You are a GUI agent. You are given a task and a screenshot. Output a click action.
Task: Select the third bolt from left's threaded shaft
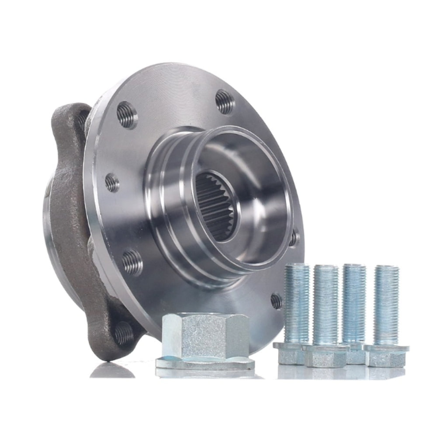point(354,302)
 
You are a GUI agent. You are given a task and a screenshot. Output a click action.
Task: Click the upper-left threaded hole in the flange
point(127,114)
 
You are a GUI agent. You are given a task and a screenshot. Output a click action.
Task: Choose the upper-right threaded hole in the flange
point(225,101)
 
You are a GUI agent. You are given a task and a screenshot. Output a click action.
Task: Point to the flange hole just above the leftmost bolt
point(276,300)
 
